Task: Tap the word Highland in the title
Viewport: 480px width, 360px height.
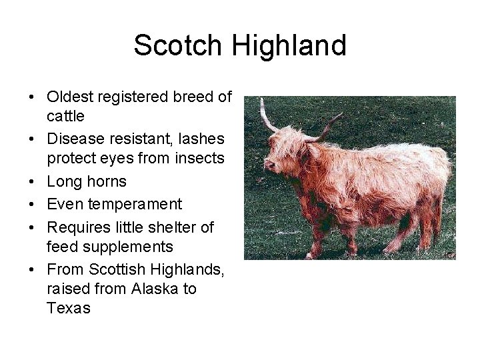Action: (289, 46)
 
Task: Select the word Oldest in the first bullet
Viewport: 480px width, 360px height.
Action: (69, 97)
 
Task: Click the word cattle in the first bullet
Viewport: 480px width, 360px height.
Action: (65, 116)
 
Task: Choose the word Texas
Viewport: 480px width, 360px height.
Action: (69, 309)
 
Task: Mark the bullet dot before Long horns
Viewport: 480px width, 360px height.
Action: (31, 182)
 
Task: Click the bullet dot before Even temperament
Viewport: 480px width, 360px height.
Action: (31, 204)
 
